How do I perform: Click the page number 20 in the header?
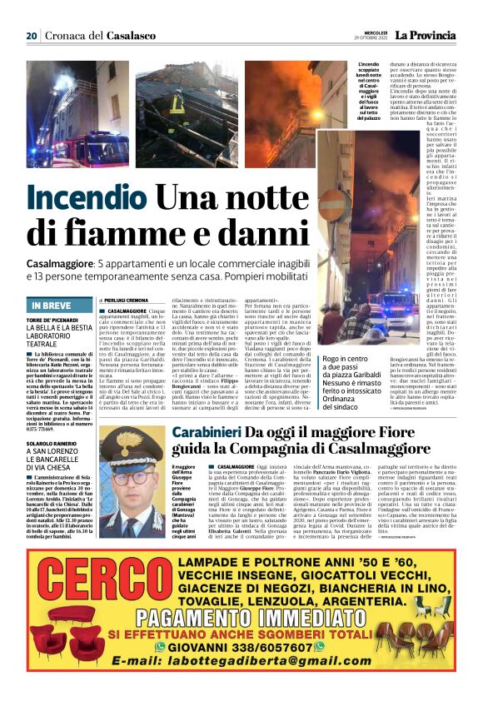[x=32, y=36]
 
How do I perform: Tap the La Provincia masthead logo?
[x=425, y=36]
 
